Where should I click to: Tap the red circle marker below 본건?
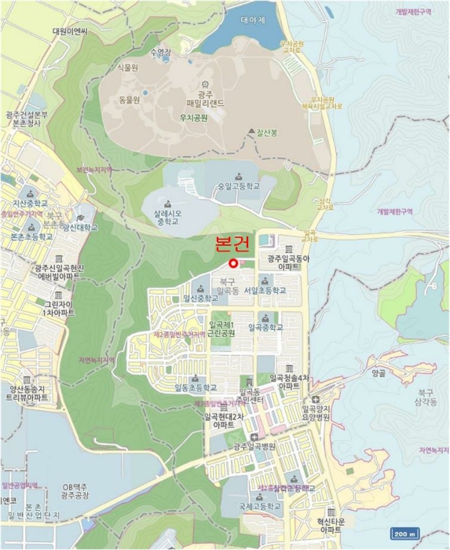pyautogui.click(x=233, y=263)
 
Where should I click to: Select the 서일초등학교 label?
pyautogui.click(x=265, y=290)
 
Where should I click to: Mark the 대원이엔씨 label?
pyautogui.click(x=71, y=31)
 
